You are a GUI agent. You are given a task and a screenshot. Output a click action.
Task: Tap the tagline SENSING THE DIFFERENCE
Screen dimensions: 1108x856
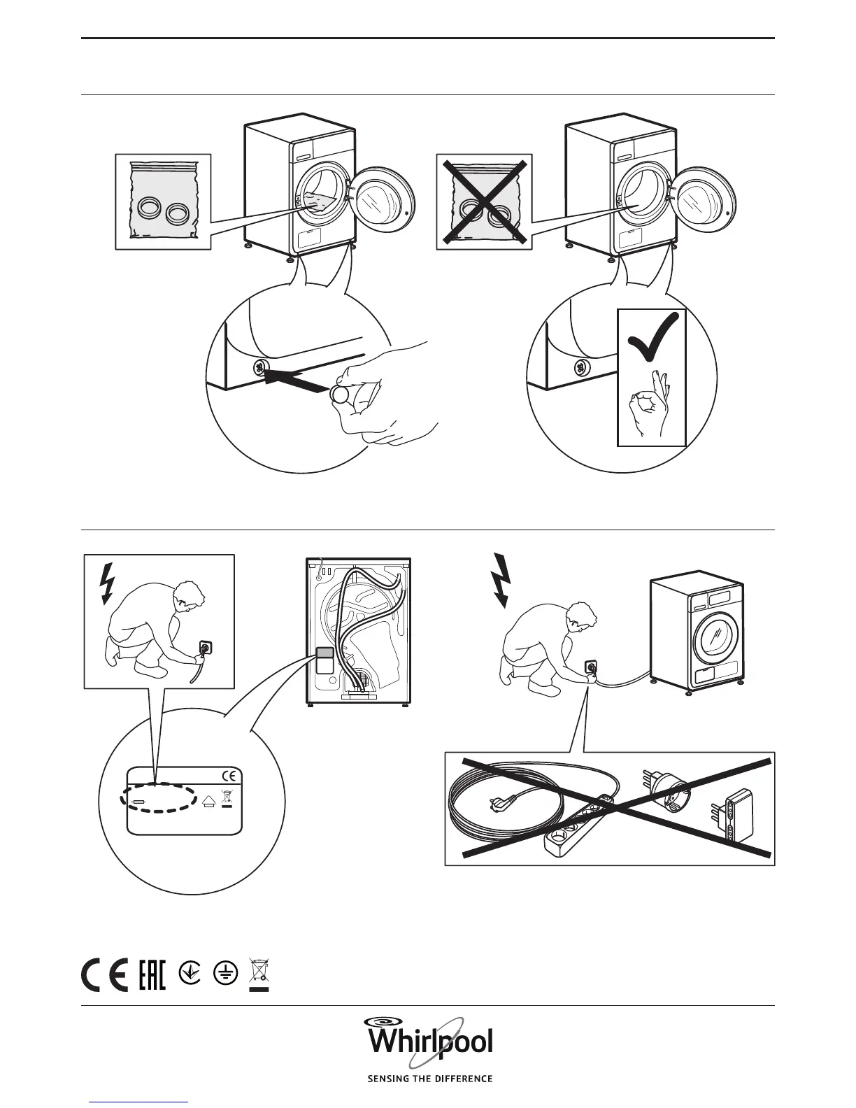point(429,1079)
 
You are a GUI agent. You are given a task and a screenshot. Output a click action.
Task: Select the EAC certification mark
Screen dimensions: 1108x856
point(152,973)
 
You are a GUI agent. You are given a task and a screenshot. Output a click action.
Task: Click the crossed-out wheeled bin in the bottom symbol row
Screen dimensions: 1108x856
point(259,973)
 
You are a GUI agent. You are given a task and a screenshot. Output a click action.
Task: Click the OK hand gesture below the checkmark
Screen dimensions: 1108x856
point(649,402)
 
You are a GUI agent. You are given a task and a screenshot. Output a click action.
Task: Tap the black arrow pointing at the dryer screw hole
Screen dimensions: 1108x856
point(297,380)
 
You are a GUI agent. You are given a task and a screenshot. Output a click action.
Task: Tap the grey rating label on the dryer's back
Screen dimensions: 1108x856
point(325,653)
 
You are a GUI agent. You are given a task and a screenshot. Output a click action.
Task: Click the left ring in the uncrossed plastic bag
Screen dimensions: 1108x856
point(150,207)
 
